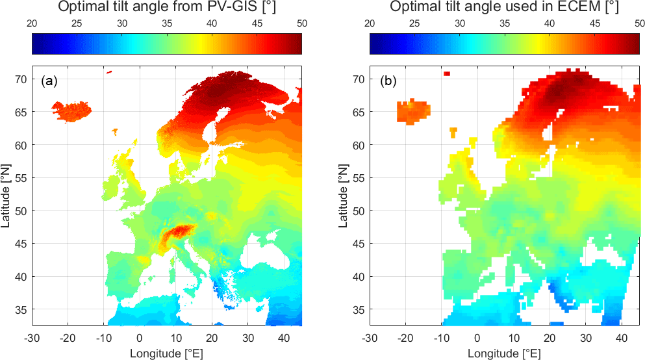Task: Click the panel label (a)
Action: pos(49,82)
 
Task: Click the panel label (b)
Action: pos(388,82)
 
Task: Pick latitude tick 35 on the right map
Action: pos(358,309)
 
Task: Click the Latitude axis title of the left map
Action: pos(6,195)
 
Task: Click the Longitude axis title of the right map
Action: pos(504,353)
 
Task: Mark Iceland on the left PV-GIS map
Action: pos(71,111)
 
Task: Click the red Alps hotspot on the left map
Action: pos(177,233)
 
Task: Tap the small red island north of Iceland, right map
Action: pos(447,73)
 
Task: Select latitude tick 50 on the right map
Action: pos(358,211)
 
